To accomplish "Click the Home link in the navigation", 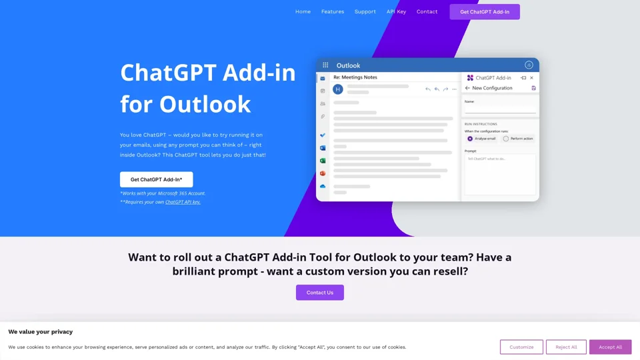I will (303, 11).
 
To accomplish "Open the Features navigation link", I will (333, 11).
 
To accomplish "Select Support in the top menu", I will (365, 11).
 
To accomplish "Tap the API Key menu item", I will (396, 11).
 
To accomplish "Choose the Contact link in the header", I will (427, 11).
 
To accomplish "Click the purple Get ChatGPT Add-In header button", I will (485, 11).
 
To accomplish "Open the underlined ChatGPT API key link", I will (183, 202).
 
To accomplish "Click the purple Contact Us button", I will (320, 293).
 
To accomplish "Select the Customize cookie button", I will (521, 347).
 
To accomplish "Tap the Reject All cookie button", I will (566, 347).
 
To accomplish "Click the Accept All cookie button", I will (610, 347).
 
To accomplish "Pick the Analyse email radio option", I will (470, 139).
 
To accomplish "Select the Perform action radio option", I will (506, 139).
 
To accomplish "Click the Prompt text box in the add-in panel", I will (500, 174).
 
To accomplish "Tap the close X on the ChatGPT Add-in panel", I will (531, 78).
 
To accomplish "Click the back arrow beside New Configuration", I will (467, 88).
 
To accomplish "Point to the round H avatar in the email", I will (338, 89).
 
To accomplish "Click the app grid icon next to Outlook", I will (325, 65).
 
